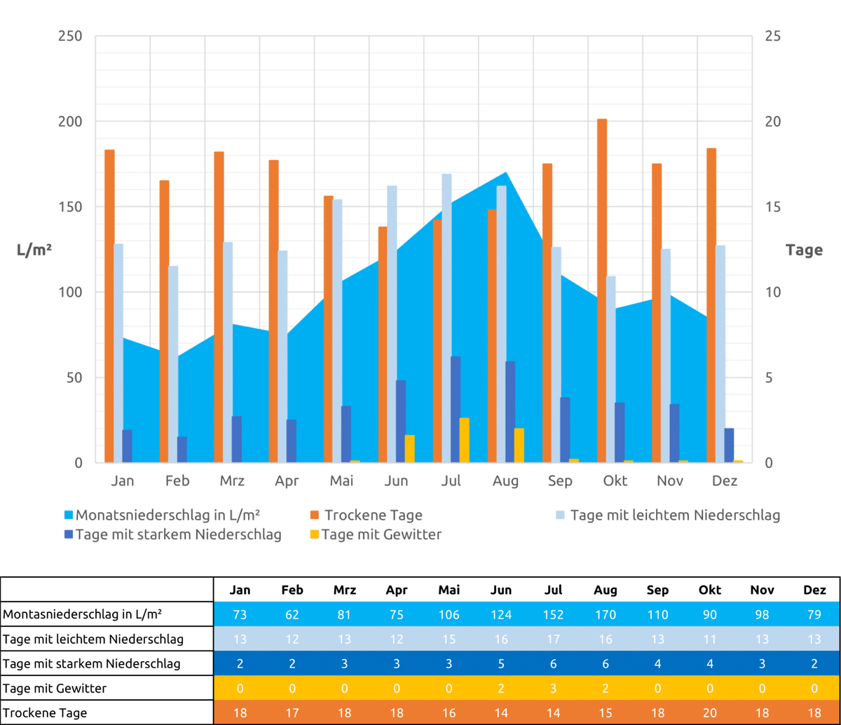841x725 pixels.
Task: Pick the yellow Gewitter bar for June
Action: point(409,448)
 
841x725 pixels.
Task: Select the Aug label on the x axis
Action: point(505,481)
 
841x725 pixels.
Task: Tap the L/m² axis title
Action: point(34,250)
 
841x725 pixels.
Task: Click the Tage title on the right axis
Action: point(804,250)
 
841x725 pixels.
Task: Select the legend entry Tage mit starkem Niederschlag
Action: point(178,535)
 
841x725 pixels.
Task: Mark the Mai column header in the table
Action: point(449,590)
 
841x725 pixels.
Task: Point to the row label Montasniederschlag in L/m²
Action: point(83,614)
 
